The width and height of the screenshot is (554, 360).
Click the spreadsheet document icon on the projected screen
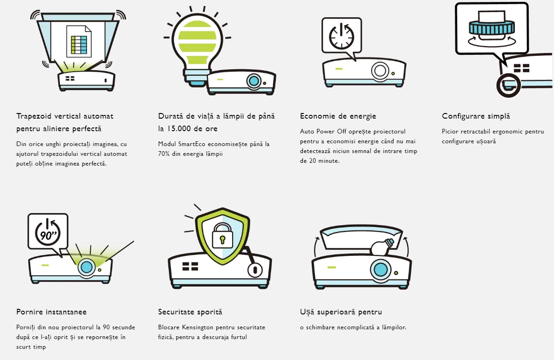(x=79, y=41)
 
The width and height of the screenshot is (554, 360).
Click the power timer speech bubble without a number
(x=342, y=38)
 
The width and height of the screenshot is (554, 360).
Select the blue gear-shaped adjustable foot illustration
(x=491, y=28)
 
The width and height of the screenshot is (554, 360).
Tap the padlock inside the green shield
(x=222, y=235)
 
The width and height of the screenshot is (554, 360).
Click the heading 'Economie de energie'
(x=338, y=116)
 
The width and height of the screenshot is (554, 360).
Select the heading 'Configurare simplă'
(x=476, y=116)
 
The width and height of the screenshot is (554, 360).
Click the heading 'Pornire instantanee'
(x=51, y=312)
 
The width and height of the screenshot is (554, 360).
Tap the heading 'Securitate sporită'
(x=190, y=312)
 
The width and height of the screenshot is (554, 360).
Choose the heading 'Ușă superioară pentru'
(x=341, y=312)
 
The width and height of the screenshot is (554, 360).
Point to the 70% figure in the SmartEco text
(x=164, y=153)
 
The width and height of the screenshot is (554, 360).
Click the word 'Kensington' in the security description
(x=198, y=327)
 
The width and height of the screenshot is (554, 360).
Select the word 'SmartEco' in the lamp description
(x=192, y=144)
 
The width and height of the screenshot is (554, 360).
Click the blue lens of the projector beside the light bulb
(x=254, y=81)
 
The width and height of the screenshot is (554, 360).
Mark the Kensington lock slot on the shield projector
(x=254, y=270)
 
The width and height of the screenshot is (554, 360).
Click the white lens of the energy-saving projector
(x=380, y=70)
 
